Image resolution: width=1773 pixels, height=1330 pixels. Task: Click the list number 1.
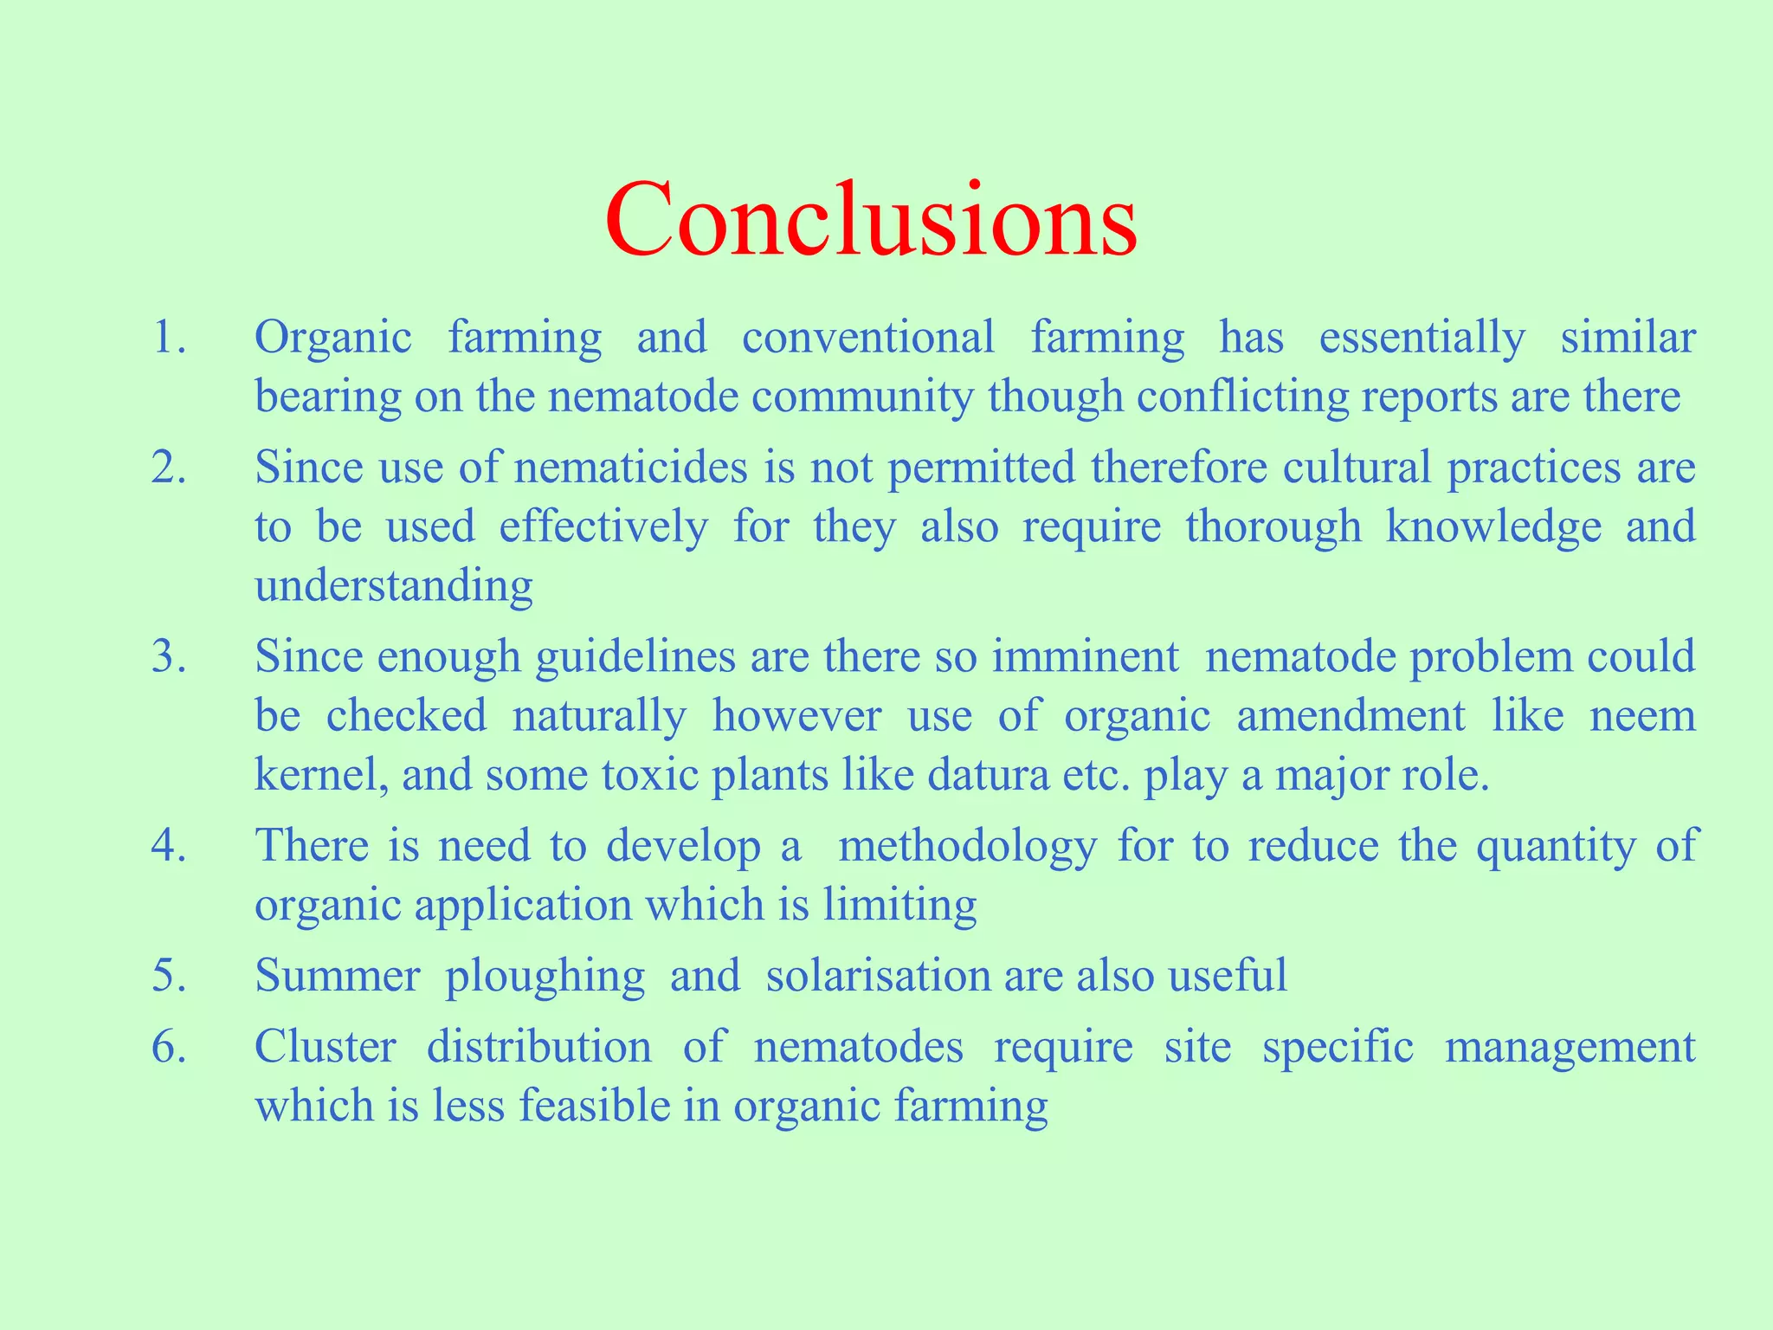[x=168, y=338]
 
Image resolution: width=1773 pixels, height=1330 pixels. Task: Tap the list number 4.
[x=168, y=846]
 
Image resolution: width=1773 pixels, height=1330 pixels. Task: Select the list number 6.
[x=168, y=1047]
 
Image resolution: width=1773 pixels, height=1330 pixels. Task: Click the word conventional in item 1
[x=868, y=338]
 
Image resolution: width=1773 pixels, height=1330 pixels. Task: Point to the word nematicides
[x=630, y=468]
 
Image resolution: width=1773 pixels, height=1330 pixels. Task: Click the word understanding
[x=394, y=586]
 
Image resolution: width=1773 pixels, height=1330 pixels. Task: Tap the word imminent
[x=1085, y=656]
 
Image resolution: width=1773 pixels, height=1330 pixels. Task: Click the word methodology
[x=968, y=846]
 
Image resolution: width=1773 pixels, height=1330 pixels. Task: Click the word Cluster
[x=326, y=1047]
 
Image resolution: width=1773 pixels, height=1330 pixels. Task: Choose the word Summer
[x=338, y=976]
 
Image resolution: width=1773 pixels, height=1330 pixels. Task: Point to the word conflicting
[x=1242, y=397]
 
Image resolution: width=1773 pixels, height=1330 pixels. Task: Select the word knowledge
[x=1493, y=527]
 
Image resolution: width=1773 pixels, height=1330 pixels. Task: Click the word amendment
[x=1351, y=716]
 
